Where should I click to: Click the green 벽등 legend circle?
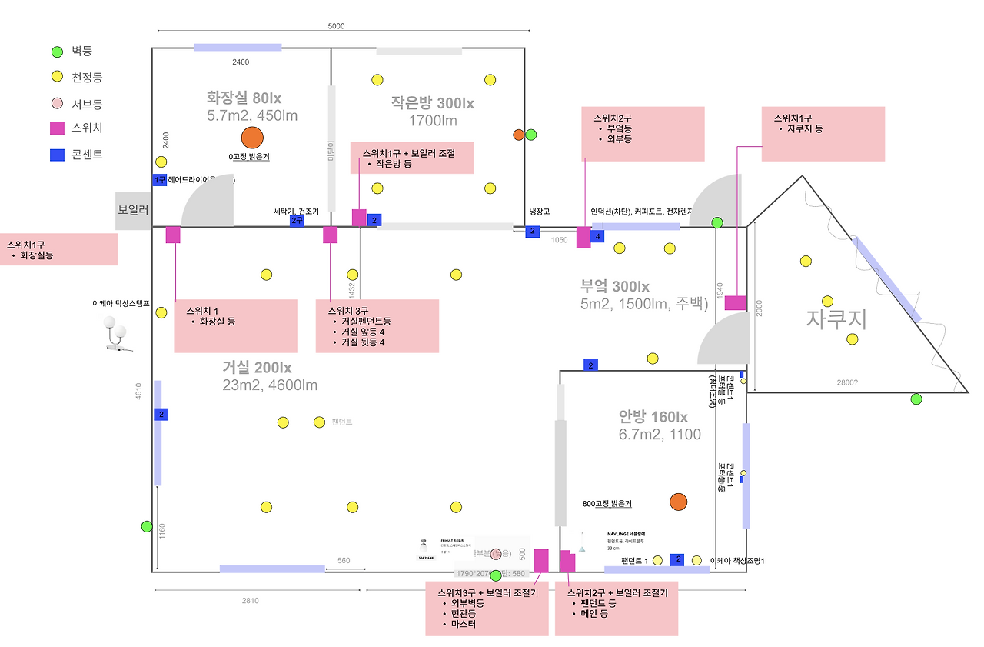[x=56, y=52]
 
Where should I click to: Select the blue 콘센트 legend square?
[x=56, y=155]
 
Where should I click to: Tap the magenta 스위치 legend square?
[x=56, y=128]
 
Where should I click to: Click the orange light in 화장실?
[x=251, y=138]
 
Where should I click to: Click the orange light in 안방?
[x=678, y=502]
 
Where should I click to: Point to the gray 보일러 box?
[x=133, y=210]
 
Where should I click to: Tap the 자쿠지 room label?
[x=836, y=319]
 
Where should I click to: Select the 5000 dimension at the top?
[x=336, y=26]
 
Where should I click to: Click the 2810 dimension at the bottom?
[x=250, y=601]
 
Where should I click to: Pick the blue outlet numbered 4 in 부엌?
[x=597, y=236]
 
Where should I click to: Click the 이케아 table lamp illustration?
[x=116, y=334]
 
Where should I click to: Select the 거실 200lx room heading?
[x=257, y=368]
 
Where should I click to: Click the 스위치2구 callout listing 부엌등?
[x=643, y=134]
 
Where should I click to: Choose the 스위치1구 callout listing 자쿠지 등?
[x=823, y=134]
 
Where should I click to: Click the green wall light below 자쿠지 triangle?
[x=916, y=399]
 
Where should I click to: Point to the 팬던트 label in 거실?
[x=341, y=422]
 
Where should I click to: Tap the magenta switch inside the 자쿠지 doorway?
[x=736, y=303]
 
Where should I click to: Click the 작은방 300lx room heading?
[x=432, y=103]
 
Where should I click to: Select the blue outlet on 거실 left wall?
[x=161, y=415]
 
